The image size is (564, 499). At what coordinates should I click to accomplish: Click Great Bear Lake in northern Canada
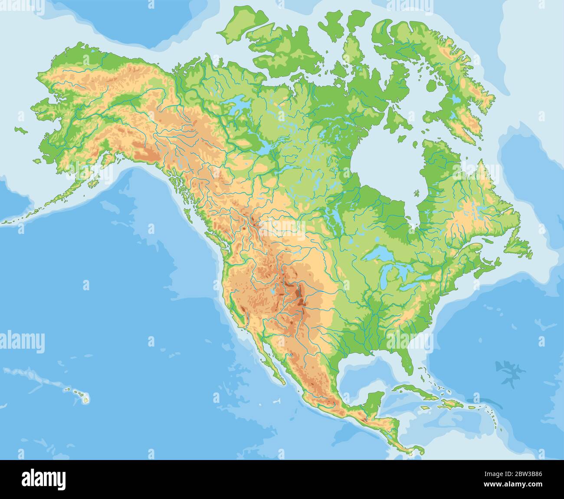click(236, 106)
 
